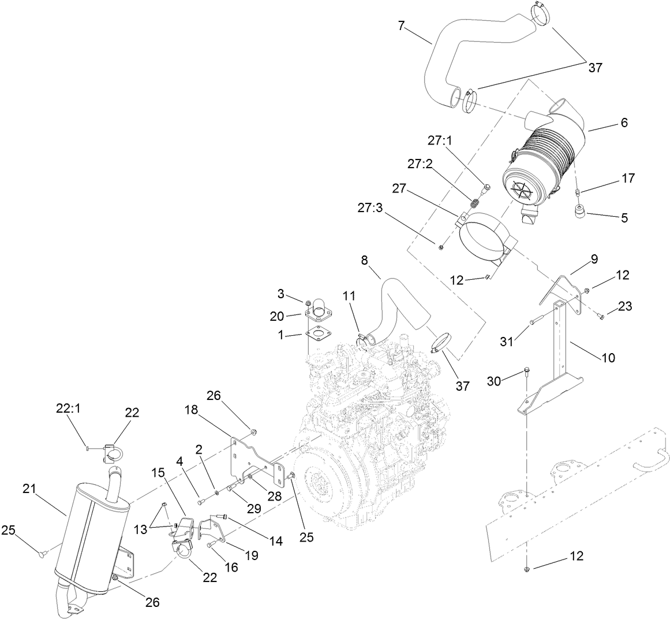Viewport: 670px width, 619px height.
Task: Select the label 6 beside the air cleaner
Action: tap(608, 123)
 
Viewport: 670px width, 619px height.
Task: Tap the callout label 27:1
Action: tap(441, 140)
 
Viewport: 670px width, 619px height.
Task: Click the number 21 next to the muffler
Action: tap(30, 489)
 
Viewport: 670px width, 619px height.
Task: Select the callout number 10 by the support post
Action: tap(608, 358)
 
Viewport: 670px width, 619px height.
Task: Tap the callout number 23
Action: tap(624, 307)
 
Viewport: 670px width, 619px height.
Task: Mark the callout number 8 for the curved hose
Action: tap(365, 260)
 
